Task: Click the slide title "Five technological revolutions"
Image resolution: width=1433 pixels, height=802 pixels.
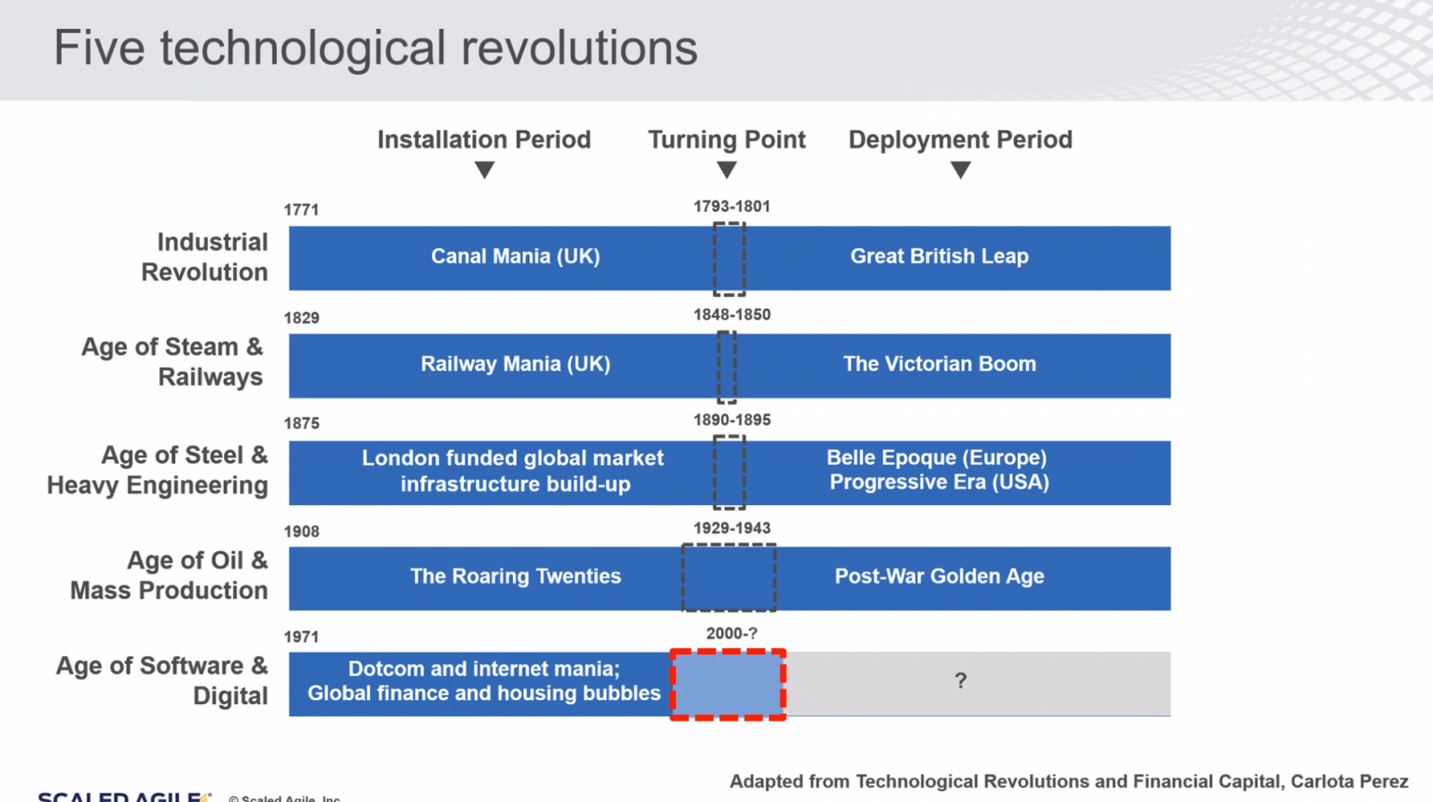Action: [375, 49]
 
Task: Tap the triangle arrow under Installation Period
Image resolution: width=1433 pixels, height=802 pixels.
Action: [484, 170]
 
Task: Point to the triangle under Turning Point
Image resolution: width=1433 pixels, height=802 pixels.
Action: [727, 170]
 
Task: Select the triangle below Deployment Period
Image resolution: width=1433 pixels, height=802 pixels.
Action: [960, 170]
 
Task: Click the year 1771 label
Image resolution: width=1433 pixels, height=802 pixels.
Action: [301, 210]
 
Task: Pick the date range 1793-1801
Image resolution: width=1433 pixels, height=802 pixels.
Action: [731, 206]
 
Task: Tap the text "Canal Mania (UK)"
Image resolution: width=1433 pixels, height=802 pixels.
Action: [515, 257]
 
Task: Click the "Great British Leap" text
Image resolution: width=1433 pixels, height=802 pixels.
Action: [939, 257]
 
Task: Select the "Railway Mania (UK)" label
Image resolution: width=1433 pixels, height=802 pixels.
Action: [515, 364]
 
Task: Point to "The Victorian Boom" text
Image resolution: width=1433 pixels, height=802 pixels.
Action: [939, 364]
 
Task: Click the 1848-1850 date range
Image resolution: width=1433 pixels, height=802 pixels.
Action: [731, 315]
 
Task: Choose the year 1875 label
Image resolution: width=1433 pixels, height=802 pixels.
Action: [301, 424]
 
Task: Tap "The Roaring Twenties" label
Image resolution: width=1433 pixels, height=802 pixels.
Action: [515, 576]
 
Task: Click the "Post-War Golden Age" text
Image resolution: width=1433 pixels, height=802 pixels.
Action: [939, 576]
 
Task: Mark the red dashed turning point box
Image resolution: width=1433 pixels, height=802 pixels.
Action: [728, 684]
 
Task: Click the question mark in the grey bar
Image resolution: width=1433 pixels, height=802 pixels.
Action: [960, 682]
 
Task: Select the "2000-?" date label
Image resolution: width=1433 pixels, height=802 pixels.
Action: [731, 634]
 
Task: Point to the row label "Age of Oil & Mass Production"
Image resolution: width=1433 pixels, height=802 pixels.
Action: [170, 575]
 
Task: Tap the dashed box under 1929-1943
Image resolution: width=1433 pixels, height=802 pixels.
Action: [729, 578]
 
